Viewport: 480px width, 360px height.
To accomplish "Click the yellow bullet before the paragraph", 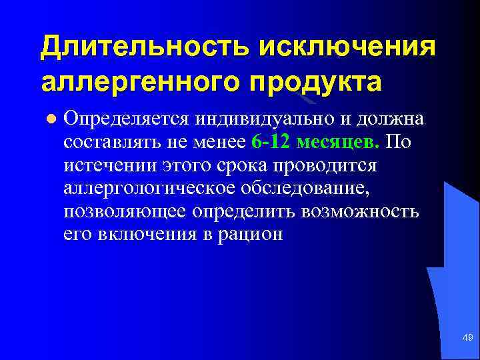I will [x=50, y=119].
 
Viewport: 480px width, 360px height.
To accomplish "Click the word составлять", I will [x=112, y=143].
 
